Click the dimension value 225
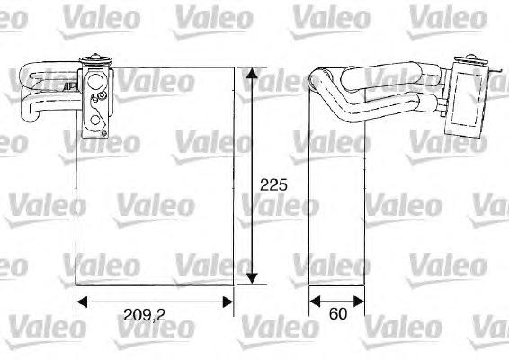pos(272,185)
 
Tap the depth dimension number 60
pos(335,314)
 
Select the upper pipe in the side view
pos(378,76)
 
